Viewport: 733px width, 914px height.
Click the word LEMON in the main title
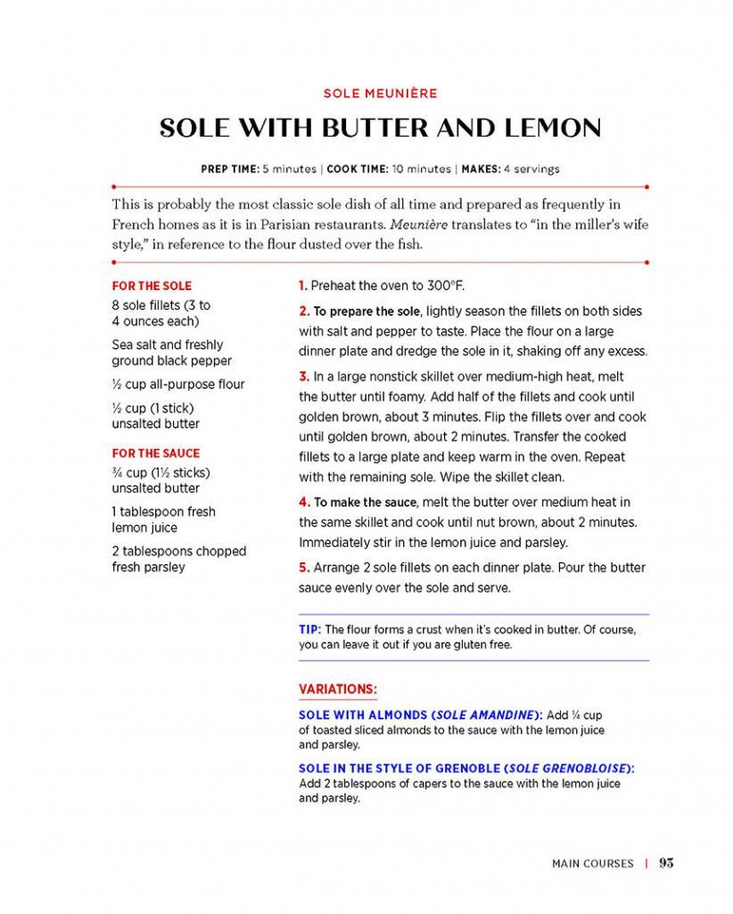point(547,128)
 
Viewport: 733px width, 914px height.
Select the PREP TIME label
point(228,168)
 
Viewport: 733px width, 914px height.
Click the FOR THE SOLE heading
point(152,287)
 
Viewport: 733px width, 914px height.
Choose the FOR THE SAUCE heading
point(156,453)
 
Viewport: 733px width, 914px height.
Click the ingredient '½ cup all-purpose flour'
point(178,385)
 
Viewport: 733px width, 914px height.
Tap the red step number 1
point(303,286)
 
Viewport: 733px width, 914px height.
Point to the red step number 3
point(304,377)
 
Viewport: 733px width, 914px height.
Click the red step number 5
point(304,568)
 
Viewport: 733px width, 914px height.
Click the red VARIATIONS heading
point(337,689)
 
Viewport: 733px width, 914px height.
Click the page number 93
point(666,863)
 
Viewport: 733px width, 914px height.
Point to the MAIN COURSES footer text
point(593,863)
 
